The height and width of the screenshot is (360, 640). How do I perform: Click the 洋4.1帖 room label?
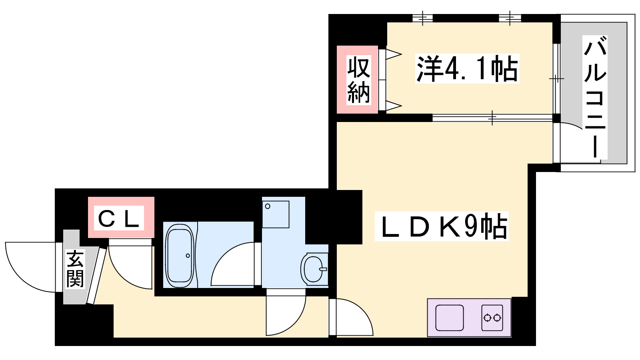467,68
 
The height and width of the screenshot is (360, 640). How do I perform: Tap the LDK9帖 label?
442,226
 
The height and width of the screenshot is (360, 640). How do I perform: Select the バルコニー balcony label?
595,97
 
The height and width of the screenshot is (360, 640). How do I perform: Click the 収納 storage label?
358,80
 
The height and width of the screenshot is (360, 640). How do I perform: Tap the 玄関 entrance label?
75,268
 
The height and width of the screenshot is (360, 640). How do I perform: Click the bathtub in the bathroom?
180,255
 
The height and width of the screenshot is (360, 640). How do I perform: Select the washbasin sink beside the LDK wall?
314,269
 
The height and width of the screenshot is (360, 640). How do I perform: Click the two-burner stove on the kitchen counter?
492,318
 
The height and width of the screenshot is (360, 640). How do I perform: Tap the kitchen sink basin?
450,318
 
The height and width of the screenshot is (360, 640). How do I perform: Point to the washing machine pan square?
276,214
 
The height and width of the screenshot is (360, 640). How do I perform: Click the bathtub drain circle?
188,256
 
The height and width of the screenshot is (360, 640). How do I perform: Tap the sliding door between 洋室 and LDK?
492,118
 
